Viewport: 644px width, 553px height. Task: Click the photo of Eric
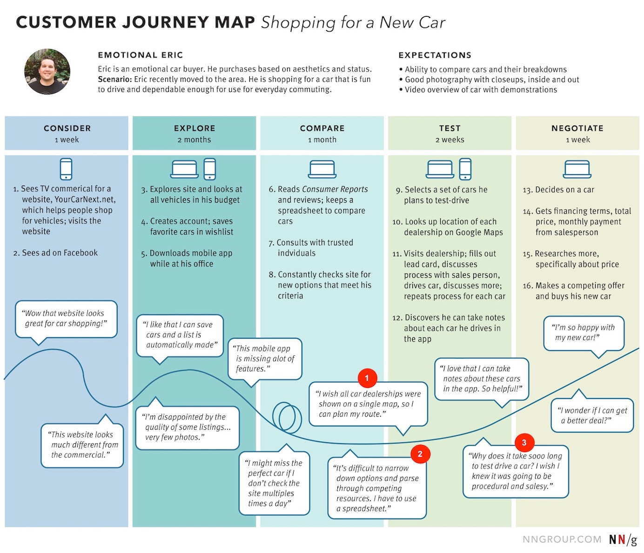[47, 72]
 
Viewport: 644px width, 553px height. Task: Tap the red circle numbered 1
[367, 378]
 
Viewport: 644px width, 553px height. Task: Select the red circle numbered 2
[420, 454]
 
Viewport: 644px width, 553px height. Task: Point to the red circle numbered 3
[524, 443]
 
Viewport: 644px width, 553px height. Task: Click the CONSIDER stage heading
[67, 128]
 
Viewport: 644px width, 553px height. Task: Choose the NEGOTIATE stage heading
[577, 128]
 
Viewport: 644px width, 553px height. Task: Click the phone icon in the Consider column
[66, 169]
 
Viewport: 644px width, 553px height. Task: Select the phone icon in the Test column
[465, 169]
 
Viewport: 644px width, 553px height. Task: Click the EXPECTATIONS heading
[435, 55]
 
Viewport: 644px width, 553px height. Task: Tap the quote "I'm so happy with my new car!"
[584, 333]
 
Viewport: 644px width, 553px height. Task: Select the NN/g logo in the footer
[623, 540]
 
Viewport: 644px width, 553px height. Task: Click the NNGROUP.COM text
[562, 540]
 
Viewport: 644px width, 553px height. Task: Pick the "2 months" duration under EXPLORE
[194, 140]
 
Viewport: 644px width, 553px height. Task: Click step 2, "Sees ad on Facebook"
[56, 253]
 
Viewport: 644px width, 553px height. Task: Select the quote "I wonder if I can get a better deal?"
[592, 415]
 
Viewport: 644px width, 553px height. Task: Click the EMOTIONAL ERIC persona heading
[141, 55]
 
